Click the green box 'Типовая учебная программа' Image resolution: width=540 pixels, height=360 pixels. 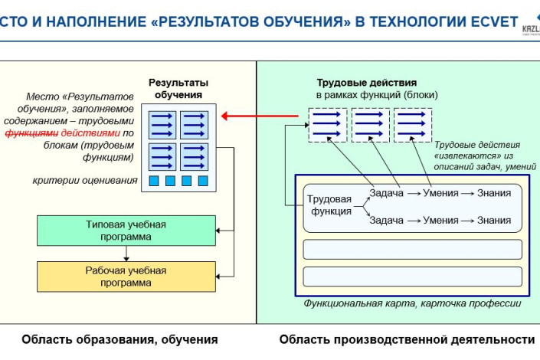[125, 231]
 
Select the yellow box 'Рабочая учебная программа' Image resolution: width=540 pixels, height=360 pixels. [125, 276]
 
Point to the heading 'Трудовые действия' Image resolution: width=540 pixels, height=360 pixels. [366, 83]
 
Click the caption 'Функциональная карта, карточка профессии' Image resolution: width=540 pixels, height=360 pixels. [412, 303]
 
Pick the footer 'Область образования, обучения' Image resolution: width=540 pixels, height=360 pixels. [119, 339]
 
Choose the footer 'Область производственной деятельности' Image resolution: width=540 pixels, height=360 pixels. [407, 339]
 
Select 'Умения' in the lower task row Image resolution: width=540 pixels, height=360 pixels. [441, 220]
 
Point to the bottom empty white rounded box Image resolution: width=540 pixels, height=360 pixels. [412, 277]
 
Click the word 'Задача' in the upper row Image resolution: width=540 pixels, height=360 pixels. [386, 193]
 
